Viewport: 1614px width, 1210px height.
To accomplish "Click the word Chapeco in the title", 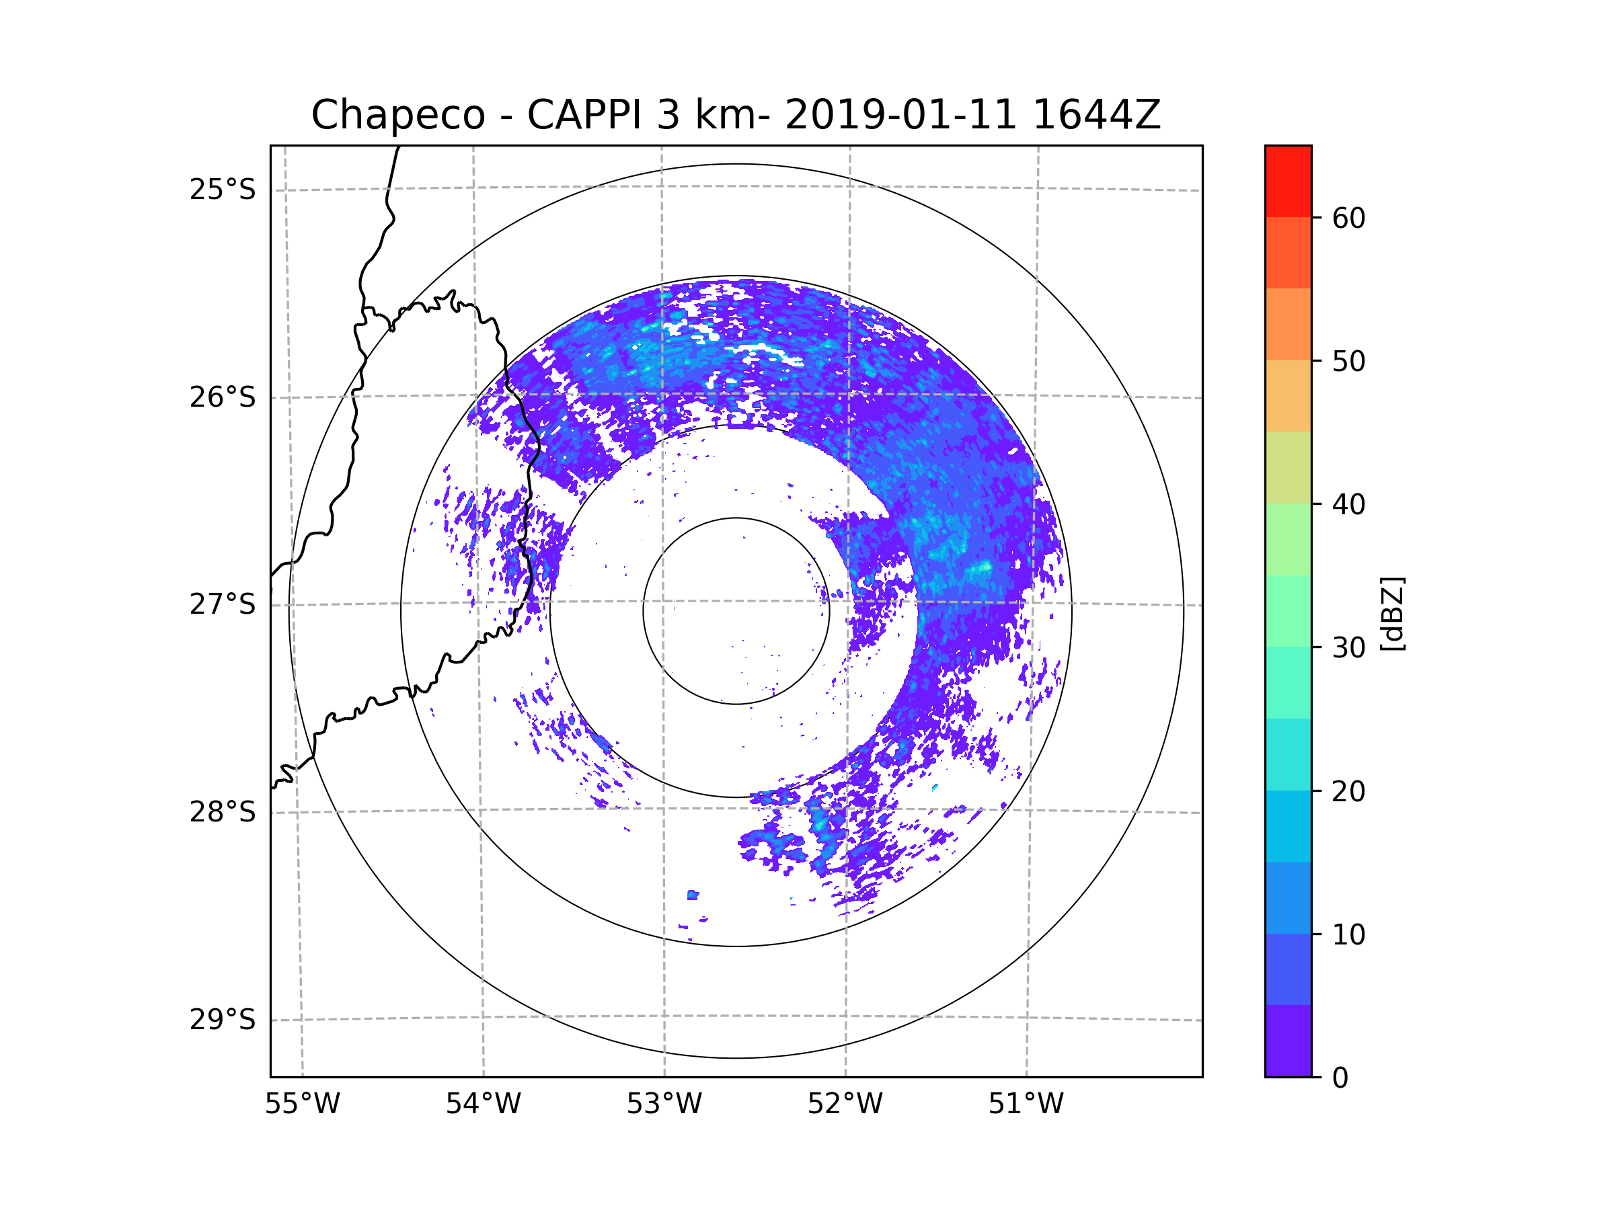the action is [x=398, y=115].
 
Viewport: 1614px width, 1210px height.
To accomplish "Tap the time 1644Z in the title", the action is [x=1097, y=114].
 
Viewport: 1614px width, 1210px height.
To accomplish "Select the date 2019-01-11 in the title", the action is [x=900, y=114].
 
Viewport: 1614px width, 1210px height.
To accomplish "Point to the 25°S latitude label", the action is [x=223, y=190].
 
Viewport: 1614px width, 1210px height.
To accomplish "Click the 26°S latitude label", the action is [x=223, y=397].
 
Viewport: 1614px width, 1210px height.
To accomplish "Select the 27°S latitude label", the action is [x=223, y=604].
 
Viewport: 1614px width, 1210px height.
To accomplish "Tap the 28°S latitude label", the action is [x=223, y=812].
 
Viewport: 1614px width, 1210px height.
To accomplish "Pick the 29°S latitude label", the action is [x=223, y=1020].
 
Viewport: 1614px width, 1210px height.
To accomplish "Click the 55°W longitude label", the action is [x=302, y=1104].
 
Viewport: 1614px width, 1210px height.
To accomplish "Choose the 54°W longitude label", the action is [x=483, y=1104].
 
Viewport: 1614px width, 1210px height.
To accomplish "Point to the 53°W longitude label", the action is [x=664, y=1104].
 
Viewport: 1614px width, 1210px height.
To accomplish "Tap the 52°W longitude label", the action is [x=845, y=1104].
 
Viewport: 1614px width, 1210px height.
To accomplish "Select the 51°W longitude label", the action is [x=1026, y=1104].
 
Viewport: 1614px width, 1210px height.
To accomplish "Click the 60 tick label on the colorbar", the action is [x=1348, y=218].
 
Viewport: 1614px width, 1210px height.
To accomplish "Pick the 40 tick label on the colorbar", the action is [x=1348, y=505].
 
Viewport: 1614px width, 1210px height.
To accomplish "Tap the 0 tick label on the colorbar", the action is [x=1340, y=1078].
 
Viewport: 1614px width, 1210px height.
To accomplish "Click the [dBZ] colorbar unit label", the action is [x=1392, y=613].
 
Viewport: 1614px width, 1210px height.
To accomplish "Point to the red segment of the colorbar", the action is [x=1288, y=181].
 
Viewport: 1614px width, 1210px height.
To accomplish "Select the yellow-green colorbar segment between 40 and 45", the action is [x=1288, y=467].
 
